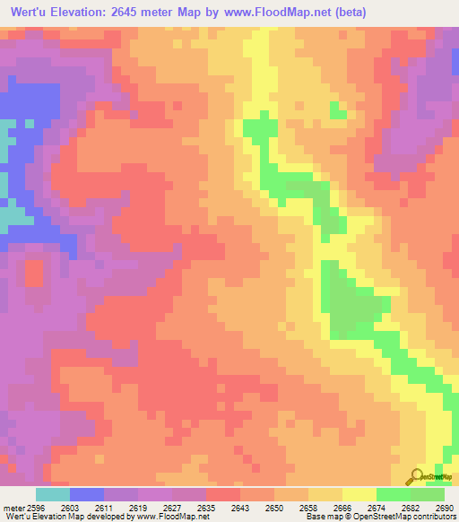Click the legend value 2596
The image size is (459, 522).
pyautogui.click(x=34, y=507)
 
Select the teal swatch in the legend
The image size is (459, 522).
pyautogui.click(x=52, y=494)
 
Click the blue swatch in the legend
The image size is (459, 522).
pyautogui.click(x=86, y=494)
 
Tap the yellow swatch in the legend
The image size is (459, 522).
pyautogui.click(x=359, y=494)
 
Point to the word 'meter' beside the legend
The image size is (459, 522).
pyautogui.click(x=13, y=507)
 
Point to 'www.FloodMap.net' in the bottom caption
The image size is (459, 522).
pyautogui.click(x=170, y=516)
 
